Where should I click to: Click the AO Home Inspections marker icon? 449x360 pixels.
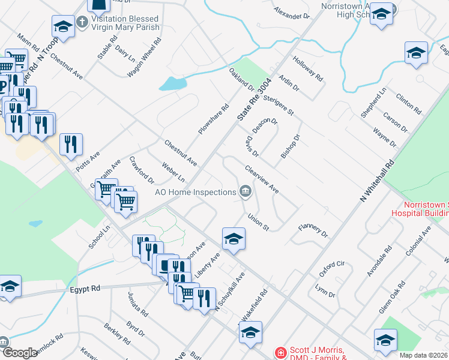pos(245,192)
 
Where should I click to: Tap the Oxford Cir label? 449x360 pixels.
pos(332,268)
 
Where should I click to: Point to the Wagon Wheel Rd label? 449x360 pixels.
pos(144,58)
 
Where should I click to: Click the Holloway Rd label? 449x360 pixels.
pos(308,69)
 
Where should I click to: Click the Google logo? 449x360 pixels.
pos(20,353)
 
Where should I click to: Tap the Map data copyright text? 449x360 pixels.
pos(424,355)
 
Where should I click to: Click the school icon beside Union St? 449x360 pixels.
pos(233,238)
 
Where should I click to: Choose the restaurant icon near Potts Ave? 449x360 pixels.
pos(71,144)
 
